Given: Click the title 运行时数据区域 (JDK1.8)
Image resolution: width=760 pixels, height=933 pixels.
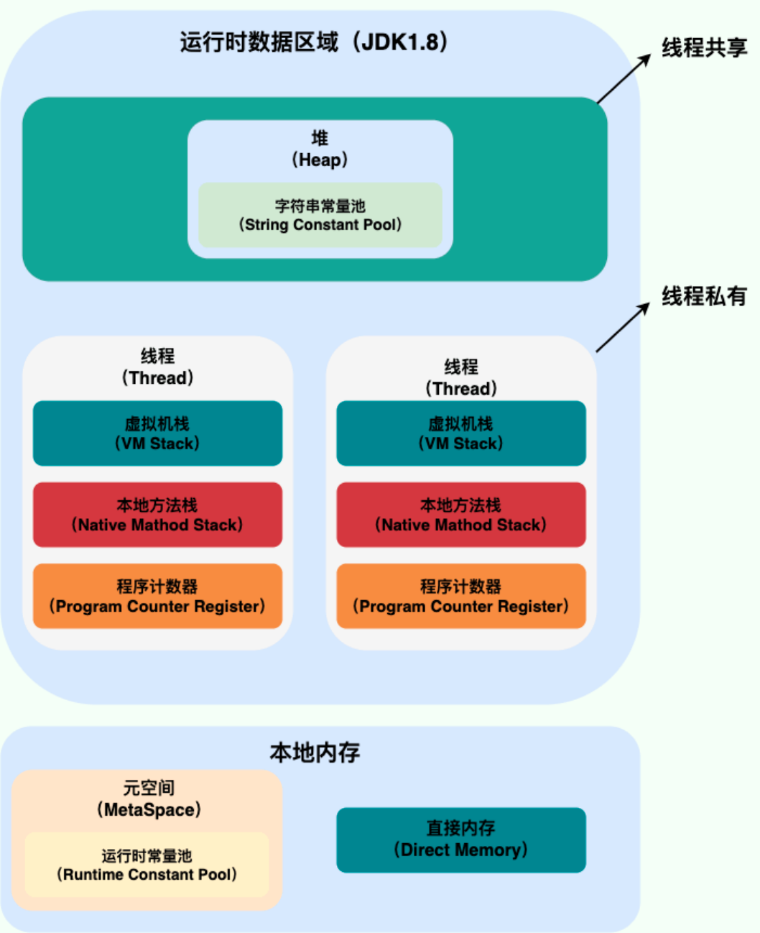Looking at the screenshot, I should (x=314, y=42).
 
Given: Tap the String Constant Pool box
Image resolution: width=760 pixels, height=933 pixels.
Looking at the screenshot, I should (x=320, y=215).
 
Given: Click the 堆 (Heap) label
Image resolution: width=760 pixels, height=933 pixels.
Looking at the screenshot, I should (x=320, y=149).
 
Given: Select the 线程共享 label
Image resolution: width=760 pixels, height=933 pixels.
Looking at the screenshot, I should (x=704, y=47).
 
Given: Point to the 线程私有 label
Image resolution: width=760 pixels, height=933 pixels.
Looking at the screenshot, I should (x=704, y=295).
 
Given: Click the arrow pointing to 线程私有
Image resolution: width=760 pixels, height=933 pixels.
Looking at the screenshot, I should (x=623, y=328).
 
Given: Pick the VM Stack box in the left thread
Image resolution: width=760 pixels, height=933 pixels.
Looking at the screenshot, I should (x=157, y=433).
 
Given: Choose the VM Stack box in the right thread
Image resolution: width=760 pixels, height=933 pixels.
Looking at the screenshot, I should (x=461, y=433).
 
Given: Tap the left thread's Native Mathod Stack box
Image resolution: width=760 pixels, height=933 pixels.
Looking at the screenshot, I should (x=157, y=515).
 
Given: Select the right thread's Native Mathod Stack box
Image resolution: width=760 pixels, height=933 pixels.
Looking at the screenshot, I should (x=461, y=515).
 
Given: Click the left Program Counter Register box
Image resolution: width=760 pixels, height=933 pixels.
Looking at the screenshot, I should (x=157, y=596).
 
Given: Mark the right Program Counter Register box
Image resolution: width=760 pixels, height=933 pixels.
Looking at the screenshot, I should (x=461, y=596).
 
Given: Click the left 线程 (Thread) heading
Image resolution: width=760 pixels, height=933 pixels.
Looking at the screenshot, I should (x=157, y=367).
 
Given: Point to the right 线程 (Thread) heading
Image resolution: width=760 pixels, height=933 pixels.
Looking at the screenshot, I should (x=461, y=377).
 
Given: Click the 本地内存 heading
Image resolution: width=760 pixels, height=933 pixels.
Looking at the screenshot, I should (x=315, y=752).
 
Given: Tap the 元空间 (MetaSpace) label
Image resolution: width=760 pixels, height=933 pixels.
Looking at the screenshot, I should (x=149, y=799).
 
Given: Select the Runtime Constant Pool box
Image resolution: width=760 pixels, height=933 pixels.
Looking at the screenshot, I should (x=147, y=865).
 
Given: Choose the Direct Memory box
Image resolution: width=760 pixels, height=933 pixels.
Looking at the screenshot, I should (x=461, y=840).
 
